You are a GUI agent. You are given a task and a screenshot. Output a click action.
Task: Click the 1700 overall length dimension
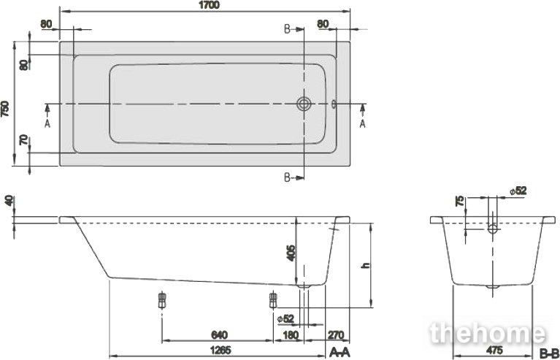click(x=210, y=5)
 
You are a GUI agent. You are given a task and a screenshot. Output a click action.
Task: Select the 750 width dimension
click(x=5, y=109)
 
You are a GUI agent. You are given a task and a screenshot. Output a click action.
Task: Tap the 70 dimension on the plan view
click(x=23, y=139)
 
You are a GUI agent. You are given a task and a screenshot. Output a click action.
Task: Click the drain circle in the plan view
click(x=304, y=104)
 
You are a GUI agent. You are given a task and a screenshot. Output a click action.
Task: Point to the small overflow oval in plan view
click(x=334, y=104)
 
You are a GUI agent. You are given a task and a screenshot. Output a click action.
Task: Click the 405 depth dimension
click(x=291, y=253)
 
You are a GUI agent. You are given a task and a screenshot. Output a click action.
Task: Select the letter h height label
click(x=365, y=265)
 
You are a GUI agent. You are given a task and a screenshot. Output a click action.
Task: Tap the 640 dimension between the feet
click(x=219, y=335)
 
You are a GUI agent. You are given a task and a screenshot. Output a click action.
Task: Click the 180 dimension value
click(x=291, y=335)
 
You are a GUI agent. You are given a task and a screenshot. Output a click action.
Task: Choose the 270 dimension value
click(x=336, y=335)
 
